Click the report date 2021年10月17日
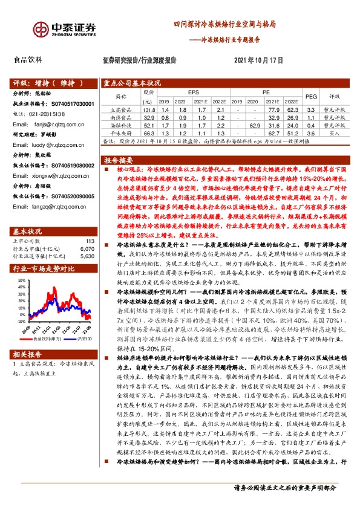click(x=259, y=60)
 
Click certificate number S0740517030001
click(x=72, y=104)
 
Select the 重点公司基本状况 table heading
click(x=132, y=83)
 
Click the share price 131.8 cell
click(x=149, y=109)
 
